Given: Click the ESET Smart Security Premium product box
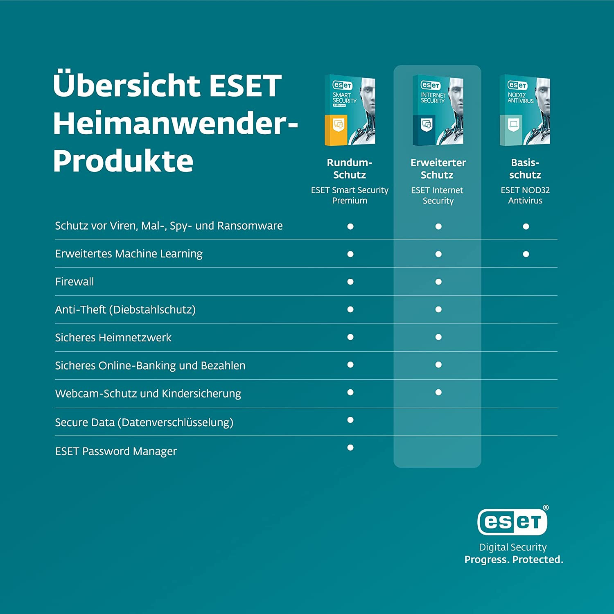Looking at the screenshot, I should point(350,111).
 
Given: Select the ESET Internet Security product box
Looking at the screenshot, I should point(438,111).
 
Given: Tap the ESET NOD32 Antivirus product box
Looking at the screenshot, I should point(525,111).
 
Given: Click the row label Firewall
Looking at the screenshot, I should point(74,282).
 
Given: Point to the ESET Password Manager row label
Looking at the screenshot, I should point(116,451).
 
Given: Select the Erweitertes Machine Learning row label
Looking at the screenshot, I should point(129,254).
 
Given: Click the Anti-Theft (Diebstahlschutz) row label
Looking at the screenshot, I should point(125,309).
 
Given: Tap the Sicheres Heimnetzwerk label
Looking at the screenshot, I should point(113,337).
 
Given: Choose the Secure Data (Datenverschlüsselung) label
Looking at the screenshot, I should point(144,422).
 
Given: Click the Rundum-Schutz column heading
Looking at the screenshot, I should point(350,169).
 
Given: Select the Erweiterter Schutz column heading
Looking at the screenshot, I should point(438,169).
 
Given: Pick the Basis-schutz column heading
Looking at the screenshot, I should point(525,169).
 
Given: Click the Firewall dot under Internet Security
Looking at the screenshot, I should point(438,282).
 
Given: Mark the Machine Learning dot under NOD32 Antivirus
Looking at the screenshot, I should point(526,254).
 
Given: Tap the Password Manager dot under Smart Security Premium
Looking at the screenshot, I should point(350,447).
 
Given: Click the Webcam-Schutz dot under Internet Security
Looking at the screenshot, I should point(438,392).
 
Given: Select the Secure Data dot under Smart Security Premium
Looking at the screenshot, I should point(350,420).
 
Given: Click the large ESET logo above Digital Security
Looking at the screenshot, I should point(512,522).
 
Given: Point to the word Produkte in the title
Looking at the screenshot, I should point(123,160).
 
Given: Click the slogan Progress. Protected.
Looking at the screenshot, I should point(514,560).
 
